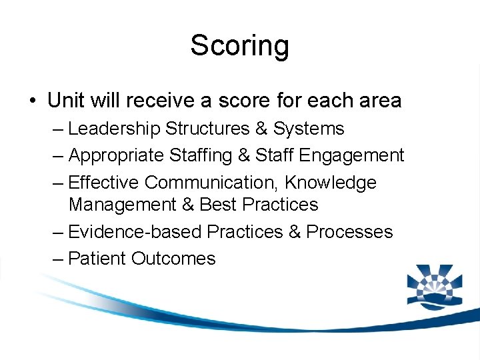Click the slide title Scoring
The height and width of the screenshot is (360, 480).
pyautogui.click(x=239, y=46)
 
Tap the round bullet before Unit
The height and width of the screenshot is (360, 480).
pyautogui.click(x=32, y=101)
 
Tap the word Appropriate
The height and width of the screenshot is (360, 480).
pyautogui.click(x=116, y=155)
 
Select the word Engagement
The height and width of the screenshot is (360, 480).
pyautogui.click(x=352, y=155)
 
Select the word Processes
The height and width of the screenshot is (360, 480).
pyautogui.click(x=350, y=231)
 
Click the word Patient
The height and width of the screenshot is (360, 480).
pyautogui.click(x=97, y=259)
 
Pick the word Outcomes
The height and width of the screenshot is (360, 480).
pyautogui.click(x=173, y=259)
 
